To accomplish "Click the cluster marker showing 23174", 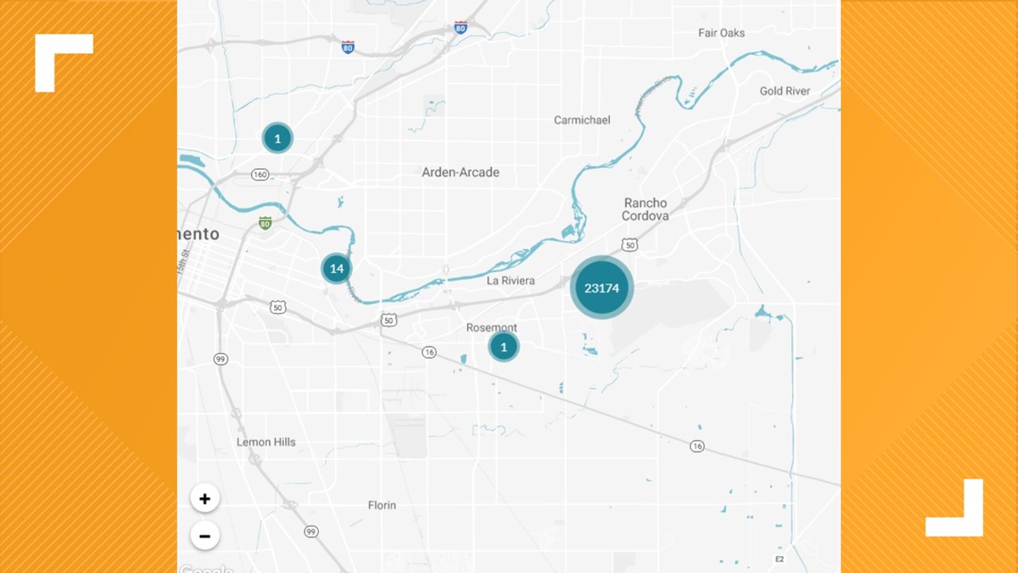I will click(602, 288).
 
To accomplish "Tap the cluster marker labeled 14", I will click(337, 268).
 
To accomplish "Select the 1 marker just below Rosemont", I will click(504, 347).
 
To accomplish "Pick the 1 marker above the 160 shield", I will click(278, 139).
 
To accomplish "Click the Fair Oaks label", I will click(722, 33).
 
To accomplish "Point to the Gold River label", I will click(785, 91).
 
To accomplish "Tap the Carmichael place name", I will click(582, 120).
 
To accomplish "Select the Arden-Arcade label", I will click(461, 173).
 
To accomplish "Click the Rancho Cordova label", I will click(646, 209).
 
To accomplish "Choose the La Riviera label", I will click(511, 281).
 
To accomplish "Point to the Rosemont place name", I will click(492, 328).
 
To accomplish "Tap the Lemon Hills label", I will click(266, 442).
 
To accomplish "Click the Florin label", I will click(382, 505).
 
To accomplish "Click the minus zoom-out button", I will click(204, 535).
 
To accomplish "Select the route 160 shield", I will click(260, 174).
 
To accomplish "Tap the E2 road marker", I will click(780, 559).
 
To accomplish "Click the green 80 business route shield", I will click(265, 223).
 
